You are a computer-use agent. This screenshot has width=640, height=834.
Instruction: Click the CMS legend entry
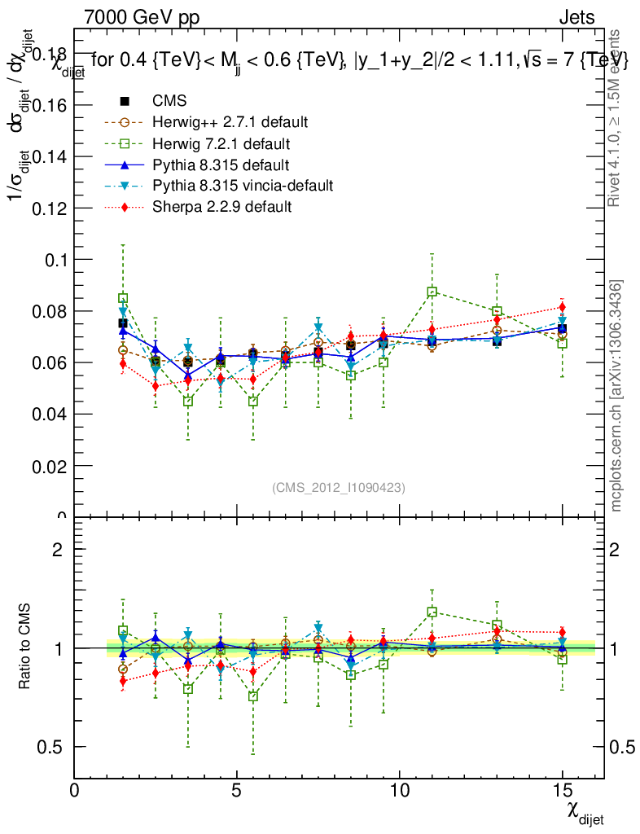(x=169, y=101)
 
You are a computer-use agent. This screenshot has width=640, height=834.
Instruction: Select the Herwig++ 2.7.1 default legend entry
(x=230, y=122)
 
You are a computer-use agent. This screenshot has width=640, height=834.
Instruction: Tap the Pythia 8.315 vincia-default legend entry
(x=243, y=186)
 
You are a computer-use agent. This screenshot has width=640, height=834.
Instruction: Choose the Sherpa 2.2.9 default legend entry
(x=221, y=207)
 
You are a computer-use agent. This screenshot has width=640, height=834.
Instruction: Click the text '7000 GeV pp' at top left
(x=141, y=17)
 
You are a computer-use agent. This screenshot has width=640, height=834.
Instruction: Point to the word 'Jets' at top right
(x=576, y=17)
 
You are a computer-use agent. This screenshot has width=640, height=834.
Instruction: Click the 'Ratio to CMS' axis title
(x=26, y=647)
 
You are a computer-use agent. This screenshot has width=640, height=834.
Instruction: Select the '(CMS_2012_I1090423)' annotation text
(x=339, y=487)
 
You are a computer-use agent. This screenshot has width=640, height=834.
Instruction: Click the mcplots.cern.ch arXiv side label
(x=617, y=396)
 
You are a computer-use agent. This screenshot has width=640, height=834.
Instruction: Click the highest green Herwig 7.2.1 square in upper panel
(x=432, y=292)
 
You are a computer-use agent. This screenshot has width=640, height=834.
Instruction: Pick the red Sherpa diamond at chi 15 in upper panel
(x=562, y=307)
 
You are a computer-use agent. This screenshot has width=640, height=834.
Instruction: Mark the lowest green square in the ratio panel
(x=253, y=696)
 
